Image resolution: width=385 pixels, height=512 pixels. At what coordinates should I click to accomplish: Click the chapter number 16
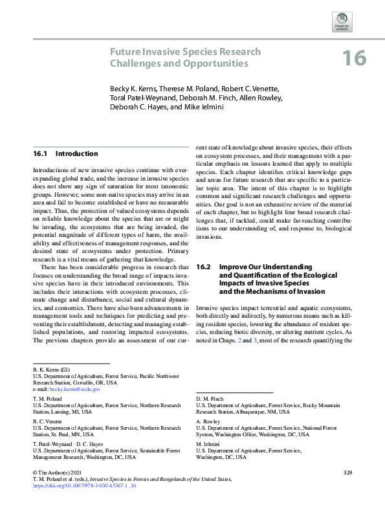click(354, 58)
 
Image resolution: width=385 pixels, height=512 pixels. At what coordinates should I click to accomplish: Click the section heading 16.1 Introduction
click(65, 153)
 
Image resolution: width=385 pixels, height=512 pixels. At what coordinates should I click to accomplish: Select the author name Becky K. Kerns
click(133, 89)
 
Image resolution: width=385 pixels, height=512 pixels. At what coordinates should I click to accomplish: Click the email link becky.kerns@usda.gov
click(76, 389)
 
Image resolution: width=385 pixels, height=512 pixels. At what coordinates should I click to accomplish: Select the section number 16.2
click(204, 266)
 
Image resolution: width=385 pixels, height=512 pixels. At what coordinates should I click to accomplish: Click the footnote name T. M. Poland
click(47, 399)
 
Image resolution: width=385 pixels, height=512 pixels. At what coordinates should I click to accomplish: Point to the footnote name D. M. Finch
click(209, 399)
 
